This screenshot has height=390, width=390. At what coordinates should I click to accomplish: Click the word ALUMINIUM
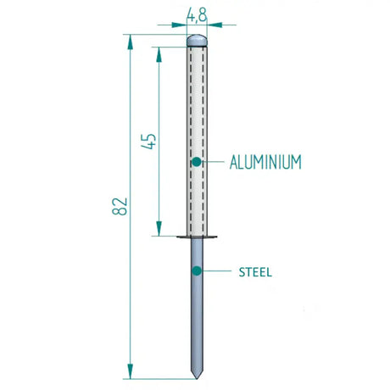(265, 161)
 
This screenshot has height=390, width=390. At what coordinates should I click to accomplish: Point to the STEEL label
(254, 272)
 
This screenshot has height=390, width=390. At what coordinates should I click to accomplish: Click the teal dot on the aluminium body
(196, 161)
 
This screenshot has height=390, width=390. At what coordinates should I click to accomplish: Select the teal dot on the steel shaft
(196, 271)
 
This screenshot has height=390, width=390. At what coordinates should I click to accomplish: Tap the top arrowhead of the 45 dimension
(158, 52)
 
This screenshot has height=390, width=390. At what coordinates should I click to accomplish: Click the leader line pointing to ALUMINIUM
(213, 161)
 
